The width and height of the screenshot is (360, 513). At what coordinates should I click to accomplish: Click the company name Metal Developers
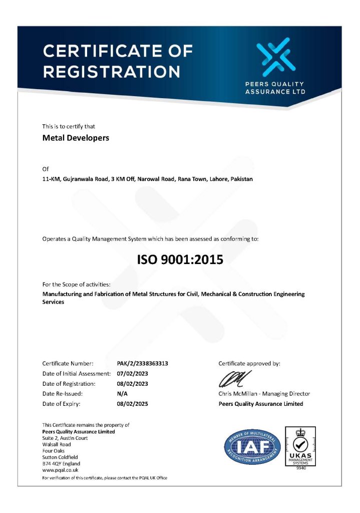76,138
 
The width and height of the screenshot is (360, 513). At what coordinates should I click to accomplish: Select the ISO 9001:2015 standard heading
180,260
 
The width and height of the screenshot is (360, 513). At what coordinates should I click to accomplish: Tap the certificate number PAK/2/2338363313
139,363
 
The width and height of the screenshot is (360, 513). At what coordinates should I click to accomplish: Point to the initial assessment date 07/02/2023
132,374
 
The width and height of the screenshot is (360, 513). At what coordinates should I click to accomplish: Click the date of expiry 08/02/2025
132,404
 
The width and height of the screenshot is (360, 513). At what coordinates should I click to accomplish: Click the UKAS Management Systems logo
300,445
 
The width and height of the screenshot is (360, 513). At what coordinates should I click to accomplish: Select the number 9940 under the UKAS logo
300,468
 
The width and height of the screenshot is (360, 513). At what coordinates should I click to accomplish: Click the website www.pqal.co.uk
60,470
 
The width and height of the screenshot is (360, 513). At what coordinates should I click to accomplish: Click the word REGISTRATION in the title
111,71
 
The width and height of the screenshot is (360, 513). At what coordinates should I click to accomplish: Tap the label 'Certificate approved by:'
249,363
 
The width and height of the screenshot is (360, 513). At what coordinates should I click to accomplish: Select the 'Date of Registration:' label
69,384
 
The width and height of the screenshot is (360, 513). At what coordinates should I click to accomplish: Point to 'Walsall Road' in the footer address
57,444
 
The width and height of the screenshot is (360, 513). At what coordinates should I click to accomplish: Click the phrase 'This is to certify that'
69,126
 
